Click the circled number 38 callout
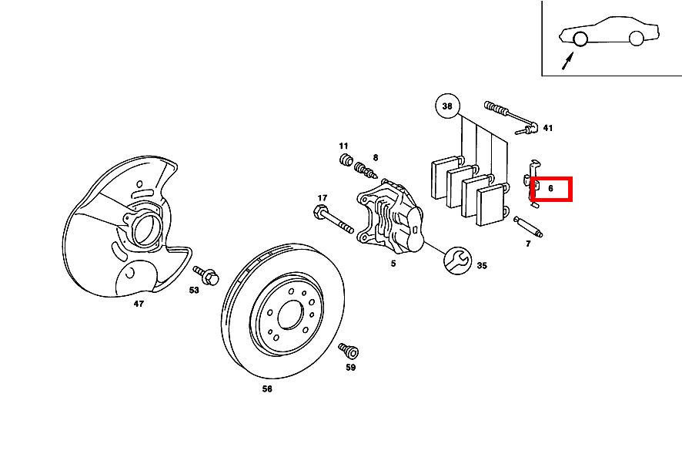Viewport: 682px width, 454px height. pos(447,106)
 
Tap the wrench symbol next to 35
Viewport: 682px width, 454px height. pos(457,261)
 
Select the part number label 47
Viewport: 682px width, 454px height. pos(139,304)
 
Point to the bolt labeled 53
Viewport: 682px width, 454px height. pos(206,275)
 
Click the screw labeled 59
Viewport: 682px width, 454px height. pos(349,351)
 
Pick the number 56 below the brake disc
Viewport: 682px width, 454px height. pos(267,388)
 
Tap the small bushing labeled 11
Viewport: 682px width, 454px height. pos(346,160)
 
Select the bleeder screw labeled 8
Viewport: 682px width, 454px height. pos(366,170)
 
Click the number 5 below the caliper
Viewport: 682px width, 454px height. pos(393,264)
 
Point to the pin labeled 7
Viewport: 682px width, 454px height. pos(528,227)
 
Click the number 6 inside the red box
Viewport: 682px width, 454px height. pos(550,189)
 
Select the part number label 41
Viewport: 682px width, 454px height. pos(548,128)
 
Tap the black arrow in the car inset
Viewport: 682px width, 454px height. pos(567,61)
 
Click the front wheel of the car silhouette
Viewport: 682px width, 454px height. pos(580,39)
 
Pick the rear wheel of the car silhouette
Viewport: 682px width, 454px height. pos(636,39)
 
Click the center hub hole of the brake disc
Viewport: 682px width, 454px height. pos(290,314)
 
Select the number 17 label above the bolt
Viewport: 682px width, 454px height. pos(323,198)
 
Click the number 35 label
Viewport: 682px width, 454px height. pos(482,265)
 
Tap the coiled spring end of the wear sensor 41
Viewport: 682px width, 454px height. pos(494,107)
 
